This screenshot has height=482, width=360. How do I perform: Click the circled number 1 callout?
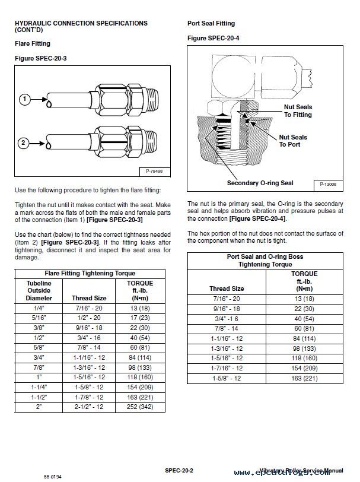point(24,99)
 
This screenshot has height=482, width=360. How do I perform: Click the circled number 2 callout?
point(24,142)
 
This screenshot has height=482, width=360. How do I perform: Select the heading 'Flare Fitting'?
point(32,44)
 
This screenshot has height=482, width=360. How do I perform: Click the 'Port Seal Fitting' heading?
point(211,24)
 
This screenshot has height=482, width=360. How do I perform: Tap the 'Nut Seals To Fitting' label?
point(298,110)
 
